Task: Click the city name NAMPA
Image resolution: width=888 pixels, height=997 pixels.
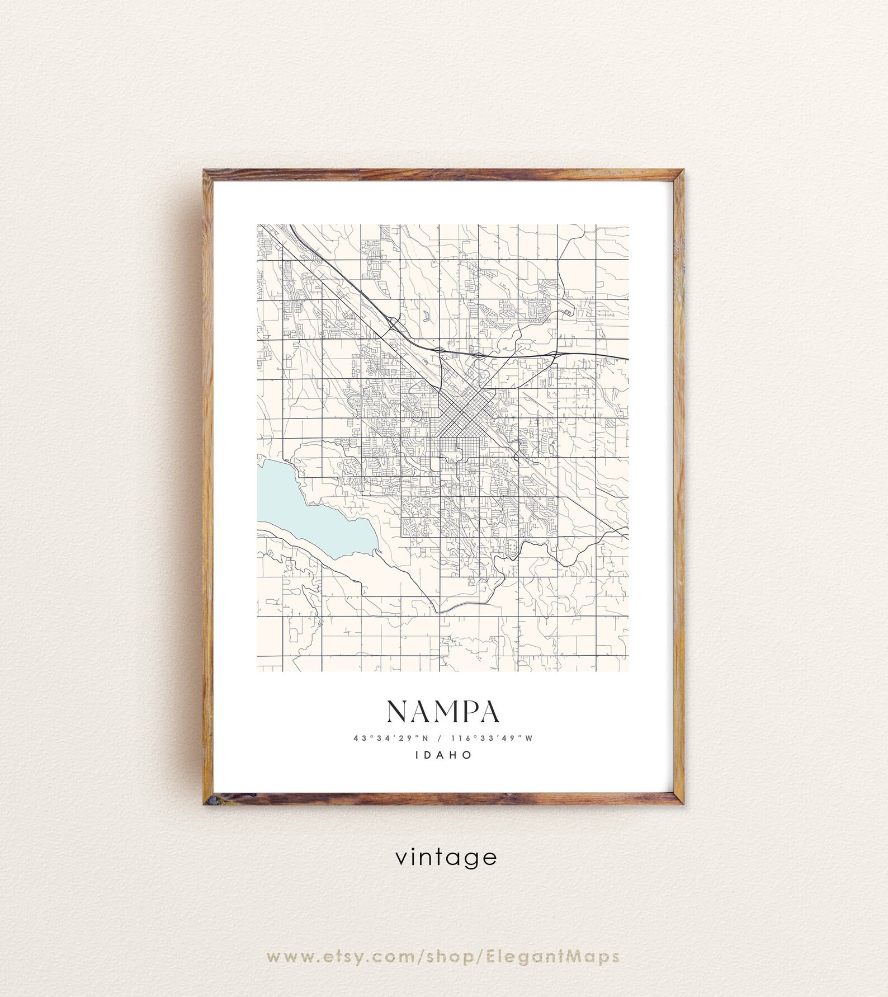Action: [x=443, y=712]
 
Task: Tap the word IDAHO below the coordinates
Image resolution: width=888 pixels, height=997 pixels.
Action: [x=444, y=755]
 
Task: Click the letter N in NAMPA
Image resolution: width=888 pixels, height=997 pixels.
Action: [x=399, y=712]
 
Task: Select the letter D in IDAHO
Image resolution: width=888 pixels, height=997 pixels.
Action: [x=429, y=755]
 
